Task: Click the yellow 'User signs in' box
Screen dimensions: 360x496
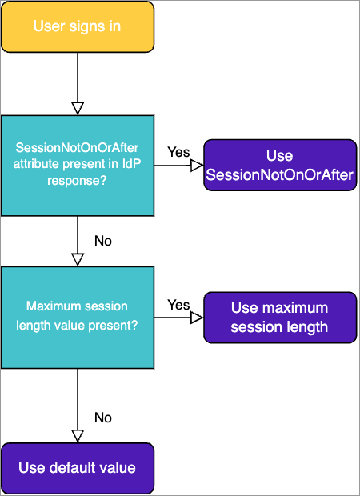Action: click(x=78, y=26)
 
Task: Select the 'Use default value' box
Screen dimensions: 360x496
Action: click(x=78, y=468)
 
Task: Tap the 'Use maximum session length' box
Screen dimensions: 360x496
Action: click(x=280, y=318)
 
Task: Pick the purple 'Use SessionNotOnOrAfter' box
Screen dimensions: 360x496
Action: click(x=280, y=165)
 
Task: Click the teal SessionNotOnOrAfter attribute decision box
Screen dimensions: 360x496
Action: click(x=78, y=166)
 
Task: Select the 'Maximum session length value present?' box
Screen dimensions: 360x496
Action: click(x=78, y=318)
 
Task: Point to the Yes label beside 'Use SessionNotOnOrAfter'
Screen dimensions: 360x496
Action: click(x=178, y=152)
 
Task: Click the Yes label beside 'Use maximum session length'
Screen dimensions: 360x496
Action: click(x=178, y=305)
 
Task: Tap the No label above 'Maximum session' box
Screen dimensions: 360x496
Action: click(x=103, y=241)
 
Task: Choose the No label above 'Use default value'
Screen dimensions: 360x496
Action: click(x=103, y=418)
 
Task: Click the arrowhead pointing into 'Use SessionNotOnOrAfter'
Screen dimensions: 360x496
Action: click(x=197, y=165)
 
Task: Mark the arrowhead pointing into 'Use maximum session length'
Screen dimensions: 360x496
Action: click(x=197, y=318)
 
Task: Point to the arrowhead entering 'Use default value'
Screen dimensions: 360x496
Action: click(x=78, y=436)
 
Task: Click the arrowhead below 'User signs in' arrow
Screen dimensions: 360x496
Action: click(x=78, y=109)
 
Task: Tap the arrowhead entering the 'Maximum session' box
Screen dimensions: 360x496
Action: click(x=78, y=260)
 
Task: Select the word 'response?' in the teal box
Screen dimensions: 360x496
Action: click(x=77, y=181)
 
